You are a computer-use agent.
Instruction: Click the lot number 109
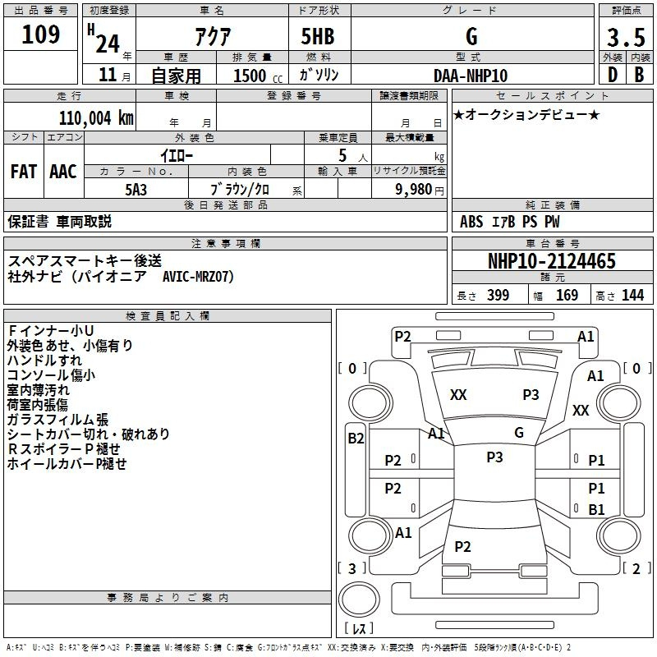point(42,35)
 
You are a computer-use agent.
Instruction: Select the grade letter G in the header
point(471,35)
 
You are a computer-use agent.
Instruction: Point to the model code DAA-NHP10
point(471,76)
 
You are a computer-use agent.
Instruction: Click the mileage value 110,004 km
point(95,117)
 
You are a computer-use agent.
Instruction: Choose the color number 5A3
point(136,188)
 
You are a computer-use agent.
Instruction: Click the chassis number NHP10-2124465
point(552,261)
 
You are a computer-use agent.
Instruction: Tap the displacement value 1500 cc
point(251,76)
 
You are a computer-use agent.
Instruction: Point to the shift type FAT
point(24,172)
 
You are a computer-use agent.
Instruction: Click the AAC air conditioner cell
point(63,172)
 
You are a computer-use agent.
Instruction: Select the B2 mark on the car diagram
point(356,439)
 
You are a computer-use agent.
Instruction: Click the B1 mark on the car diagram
point(597,509)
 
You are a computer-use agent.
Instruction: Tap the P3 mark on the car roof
point(494,457)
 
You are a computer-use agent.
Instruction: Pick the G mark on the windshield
point(518,433)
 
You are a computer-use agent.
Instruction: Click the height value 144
point(632,296)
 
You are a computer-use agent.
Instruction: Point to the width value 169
point(567,296)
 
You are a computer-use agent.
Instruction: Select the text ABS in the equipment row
point(471,222)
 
